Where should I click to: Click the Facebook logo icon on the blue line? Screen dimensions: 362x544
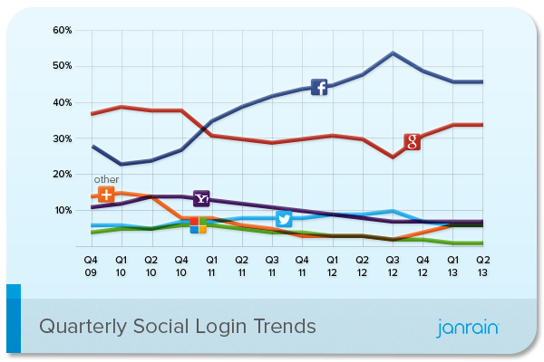(x=319, y=87)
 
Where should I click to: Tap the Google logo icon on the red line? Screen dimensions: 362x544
(x=412, y=141)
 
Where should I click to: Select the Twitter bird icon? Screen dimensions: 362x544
(x=284, y=220)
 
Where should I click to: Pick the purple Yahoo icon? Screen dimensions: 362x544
(x=202, y=198)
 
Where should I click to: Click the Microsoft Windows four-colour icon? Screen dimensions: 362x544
(x=198, y=224)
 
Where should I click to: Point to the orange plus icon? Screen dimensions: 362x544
(x=106, y=195)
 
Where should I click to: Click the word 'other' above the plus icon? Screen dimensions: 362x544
(x=106, y=179)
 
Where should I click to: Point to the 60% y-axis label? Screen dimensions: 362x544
(x=62, y=31)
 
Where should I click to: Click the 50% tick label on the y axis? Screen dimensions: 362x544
(x=62, y=67)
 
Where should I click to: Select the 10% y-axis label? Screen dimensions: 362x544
(x=62, y=210)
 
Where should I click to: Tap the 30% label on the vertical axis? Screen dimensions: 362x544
(x=62, y=138)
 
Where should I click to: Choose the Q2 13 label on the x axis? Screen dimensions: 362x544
(x=481, y=264)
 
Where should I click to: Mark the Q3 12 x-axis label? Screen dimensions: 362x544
(x=392, y=264)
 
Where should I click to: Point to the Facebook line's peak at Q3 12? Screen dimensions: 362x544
(x=392, y=52)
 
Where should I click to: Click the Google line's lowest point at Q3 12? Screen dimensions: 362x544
(x=392, y=157)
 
